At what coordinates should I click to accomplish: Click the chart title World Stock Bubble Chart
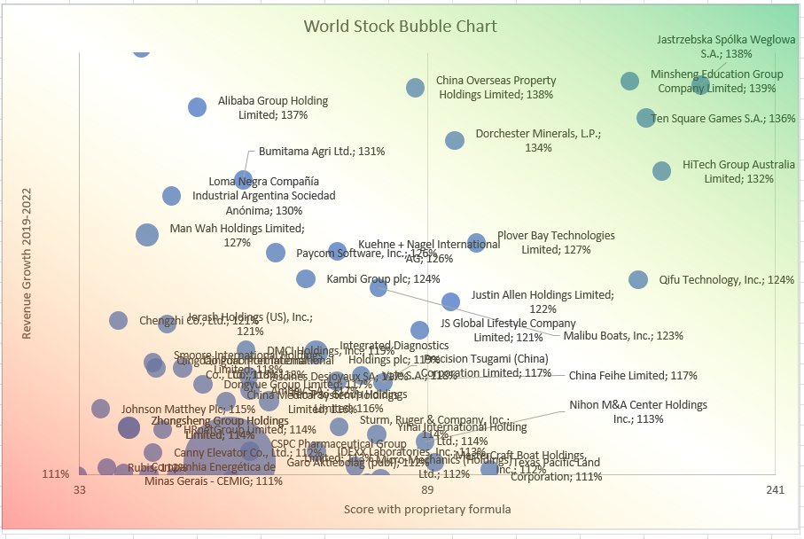(x=400, y=26)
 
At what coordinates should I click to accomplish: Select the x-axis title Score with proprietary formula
(x=427, y=510)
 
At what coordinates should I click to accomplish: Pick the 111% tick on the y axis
(x=55, y=474)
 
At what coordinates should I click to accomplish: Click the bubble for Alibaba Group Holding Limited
(x=198, y=107)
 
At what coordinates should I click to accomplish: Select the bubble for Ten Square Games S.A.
(x=646, y=118)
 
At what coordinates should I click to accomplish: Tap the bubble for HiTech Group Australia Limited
(x=661, y=171)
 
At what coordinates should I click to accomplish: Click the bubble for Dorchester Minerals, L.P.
(x=455, y=140)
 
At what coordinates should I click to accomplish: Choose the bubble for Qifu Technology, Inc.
(x=638, y=279)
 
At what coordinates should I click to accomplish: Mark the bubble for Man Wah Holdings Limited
(x=147, y=234)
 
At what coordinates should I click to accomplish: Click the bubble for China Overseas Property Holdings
(x=415, y=87)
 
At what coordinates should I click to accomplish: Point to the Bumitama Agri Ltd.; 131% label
(x=322, y=151)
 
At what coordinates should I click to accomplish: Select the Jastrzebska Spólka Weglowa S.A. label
(x=726, y=46)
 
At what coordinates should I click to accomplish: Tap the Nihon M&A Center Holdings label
(x=637, y=411)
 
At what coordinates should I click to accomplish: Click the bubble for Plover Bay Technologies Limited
(x=476, y=242)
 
